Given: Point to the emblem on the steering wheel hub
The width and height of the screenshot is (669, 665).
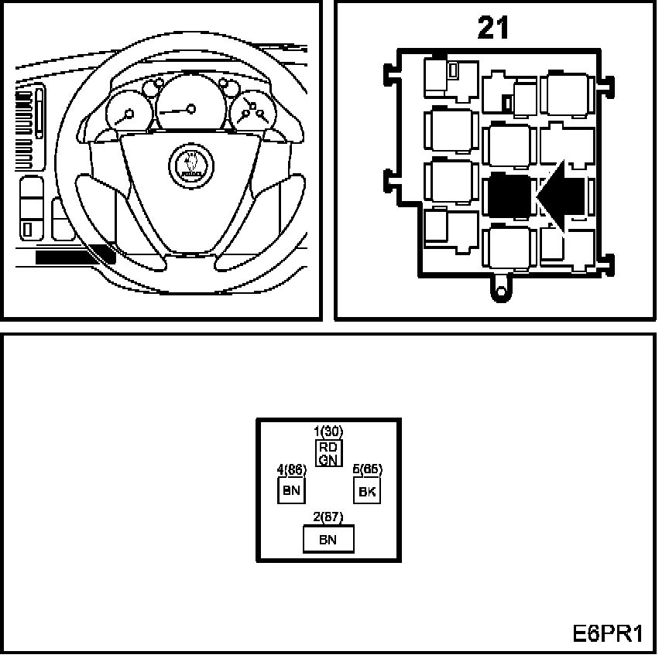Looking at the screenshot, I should pos(190,163).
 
